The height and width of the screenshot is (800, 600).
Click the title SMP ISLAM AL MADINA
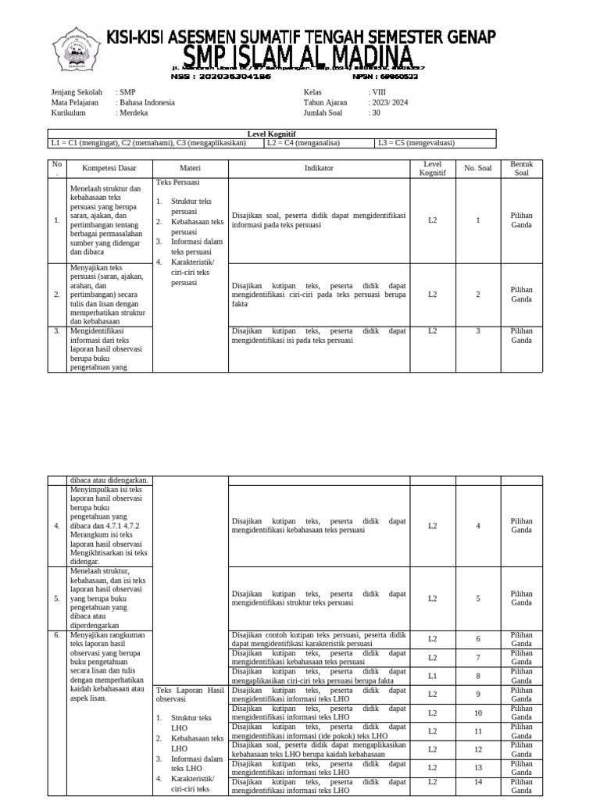(299, 56)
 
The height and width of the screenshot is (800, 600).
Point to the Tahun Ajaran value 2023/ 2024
(389, 102)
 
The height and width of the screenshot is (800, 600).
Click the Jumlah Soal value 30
(376, 112)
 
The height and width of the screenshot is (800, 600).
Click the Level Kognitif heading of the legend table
(271, 134)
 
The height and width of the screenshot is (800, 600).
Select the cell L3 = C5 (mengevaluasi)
(416, 143)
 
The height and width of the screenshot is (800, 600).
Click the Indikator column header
(319, 168)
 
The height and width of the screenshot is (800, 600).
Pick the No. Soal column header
(478, 168)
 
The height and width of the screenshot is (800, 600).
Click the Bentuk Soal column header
(521, 168)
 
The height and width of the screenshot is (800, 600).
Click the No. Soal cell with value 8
(478, 676)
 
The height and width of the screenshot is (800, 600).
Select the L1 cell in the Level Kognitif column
(432, 676)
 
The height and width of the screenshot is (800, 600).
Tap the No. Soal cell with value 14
(478, 781)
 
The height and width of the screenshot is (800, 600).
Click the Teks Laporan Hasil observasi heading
(190, 695)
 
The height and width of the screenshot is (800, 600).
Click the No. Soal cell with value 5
(478, 598)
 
